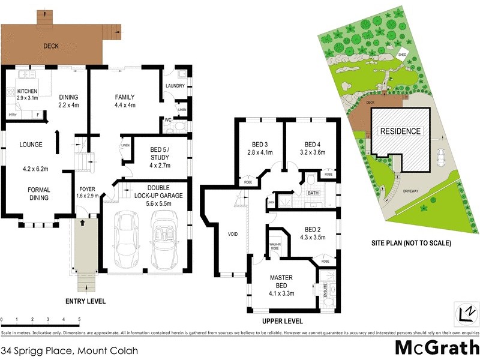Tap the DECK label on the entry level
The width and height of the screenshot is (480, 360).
pyautogui.click(x=50, y=46)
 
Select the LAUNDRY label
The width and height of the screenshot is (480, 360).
pyautogui.click(x=175, y=85)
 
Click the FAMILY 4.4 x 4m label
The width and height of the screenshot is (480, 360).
pyautogui.click(x=125, y=101)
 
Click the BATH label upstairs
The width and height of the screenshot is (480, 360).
pyautogui.click(x=313, y=194)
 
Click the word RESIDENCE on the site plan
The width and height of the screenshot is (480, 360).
pyautogui.click(x=401, y=131)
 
